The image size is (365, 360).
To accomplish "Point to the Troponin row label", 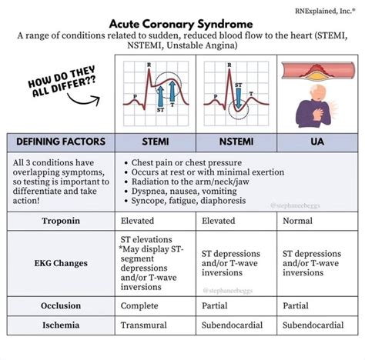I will [x=62, y=221].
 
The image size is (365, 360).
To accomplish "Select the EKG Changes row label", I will [x=62, y=263].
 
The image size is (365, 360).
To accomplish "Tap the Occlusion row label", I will [x=62, y=305].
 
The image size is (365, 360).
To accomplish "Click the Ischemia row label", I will [x=62, y=325].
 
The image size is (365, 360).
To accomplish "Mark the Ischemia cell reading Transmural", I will [x=144, y=325].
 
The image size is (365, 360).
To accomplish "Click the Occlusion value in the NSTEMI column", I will [x=216, y=305].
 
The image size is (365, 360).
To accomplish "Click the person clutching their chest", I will [x=315, y=106].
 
